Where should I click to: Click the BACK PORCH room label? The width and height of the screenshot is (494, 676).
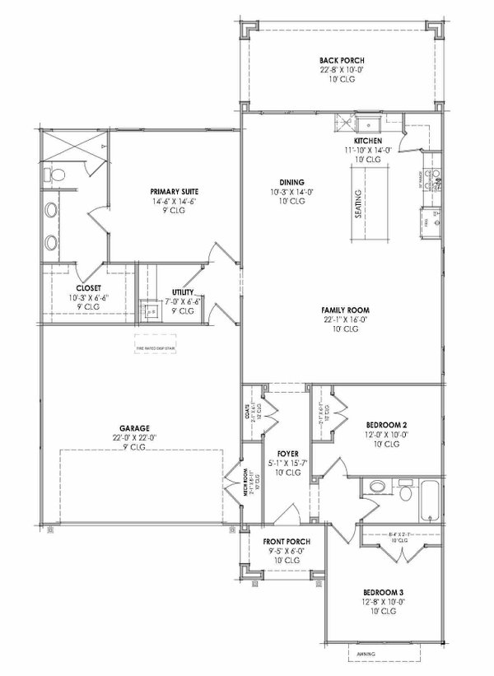pyautogui.click(x=342, y=61)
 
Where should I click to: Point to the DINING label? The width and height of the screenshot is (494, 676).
pyautogui.click(x=292, y=182)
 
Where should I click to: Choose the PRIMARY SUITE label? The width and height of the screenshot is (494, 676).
pyautogui.click(x=174, y=192)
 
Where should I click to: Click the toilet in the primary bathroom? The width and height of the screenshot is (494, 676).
pyautogui.click(x=53, y=175)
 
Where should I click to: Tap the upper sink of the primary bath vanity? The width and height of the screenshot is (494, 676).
pyautogui.click(x=51, y=210)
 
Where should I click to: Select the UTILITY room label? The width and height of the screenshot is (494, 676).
pyautogui.click(x=183, y=292)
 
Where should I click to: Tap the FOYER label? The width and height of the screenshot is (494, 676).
pyautogui.click(x=287, y=453)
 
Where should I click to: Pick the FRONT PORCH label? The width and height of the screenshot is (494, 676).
pyautogui.click(x=286, y=542)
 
